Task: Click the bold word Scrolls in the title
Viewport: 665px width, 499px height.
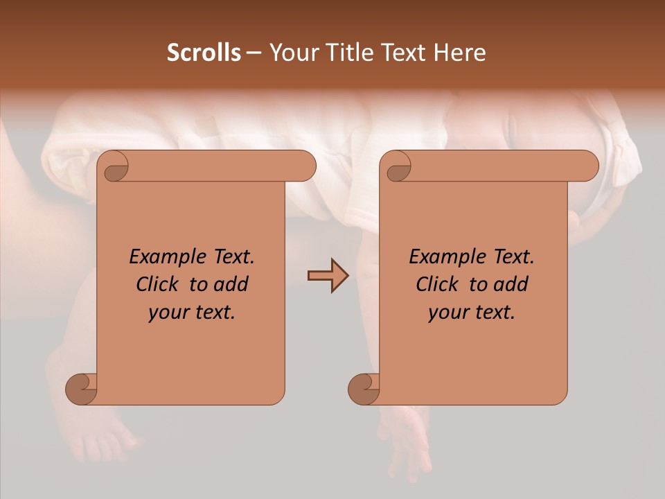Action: click(x=204, y=53)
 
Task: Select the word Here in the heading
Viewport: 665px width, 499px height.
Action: click(x=460, y=53)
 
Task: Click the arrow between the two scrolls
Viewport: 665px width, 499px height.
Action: click(x=328, y=276)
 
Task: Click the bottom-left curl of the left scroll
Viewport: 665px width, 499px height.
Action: click(x=82, y=389)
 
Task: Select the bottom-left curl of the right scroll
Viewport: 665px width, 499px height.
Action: click(x=364, y=389)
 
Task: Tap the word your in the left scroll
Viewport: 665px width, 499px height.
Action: click(x=168, y=313)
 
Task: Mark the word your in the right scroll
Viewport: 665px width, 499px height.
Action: click(x=448, y=313)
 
